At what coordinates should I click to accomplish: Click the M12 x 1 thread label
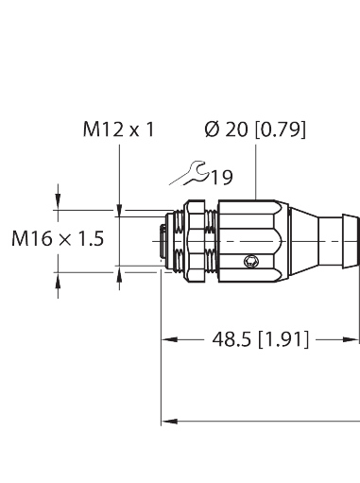coord(116,129)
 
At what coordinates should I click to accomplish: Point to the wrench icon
coord(195,173)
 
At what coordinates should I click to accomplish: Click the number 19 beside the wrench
coord(222,177)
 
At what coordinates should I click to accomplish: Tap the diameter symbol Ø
coord(211,129)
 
